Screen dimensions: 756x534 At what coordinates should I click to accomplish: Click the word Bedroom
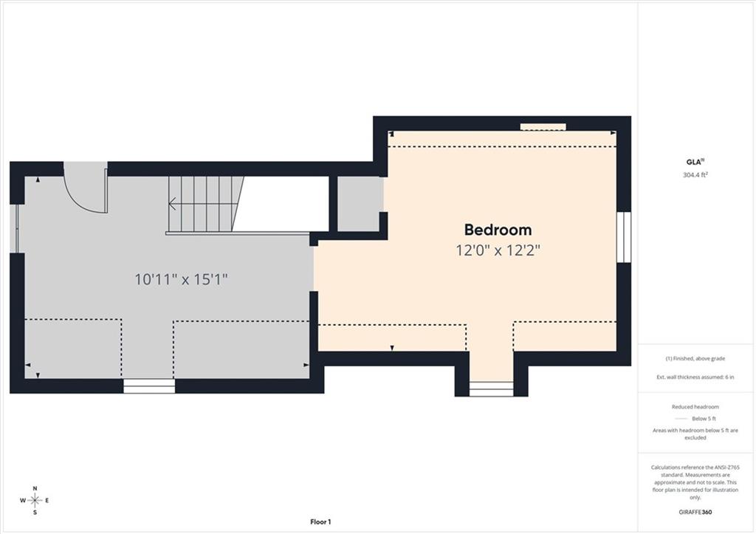click(x=498, y=230)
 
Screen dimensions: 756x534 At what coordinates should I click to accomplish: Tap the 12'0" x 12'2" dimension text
click(x=498, y=250)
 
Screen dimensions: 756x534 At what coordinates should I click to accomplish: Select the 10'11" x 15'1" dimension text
click(x=181, y=279)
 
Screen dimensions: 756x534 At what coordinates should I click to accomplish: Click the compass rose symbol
click(x=35, y=500)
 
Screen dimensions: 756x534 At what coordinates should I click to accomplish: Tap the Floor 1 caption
click(x=320, y=521)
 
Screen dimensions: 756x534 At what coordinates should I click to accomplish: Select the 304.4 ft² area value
click(x=695, y=174)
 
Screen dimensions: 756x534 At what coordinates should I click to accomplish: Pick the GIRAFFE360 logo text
click(x=695, y=512)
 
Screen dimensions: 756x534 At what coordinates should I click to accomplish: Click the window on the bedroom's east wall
click(x=624, y=237)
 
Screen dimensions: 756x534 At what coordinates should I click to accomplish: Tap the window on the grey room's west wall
click(x=14, y=229)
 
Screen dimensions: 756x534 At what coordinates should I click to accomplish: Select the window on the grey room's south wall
click(x=149, y=386)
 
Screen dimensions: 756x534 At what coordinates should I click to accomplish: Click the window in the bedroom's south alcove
click(x=491, y=389)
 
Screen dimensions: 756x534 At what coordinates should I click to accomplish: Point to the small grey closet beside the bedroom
click(x=360, y=204)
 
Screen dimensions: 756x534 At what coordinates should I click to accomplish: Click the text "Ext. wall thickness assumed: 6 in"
click(x=695, y=377)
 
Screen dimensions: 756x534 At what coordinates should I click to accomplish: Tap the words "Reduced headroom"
click(x=695, y=407)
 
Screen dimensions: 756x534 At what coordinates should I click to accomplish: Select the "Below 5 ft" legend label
click(x=704, y=419)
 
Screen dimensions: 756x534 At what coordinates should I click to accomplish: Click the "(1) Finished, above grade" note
click(x=695, y=358)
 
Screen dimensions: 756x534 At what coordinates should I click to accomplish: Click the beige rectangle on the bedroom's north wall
click(x=543, y=127)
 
